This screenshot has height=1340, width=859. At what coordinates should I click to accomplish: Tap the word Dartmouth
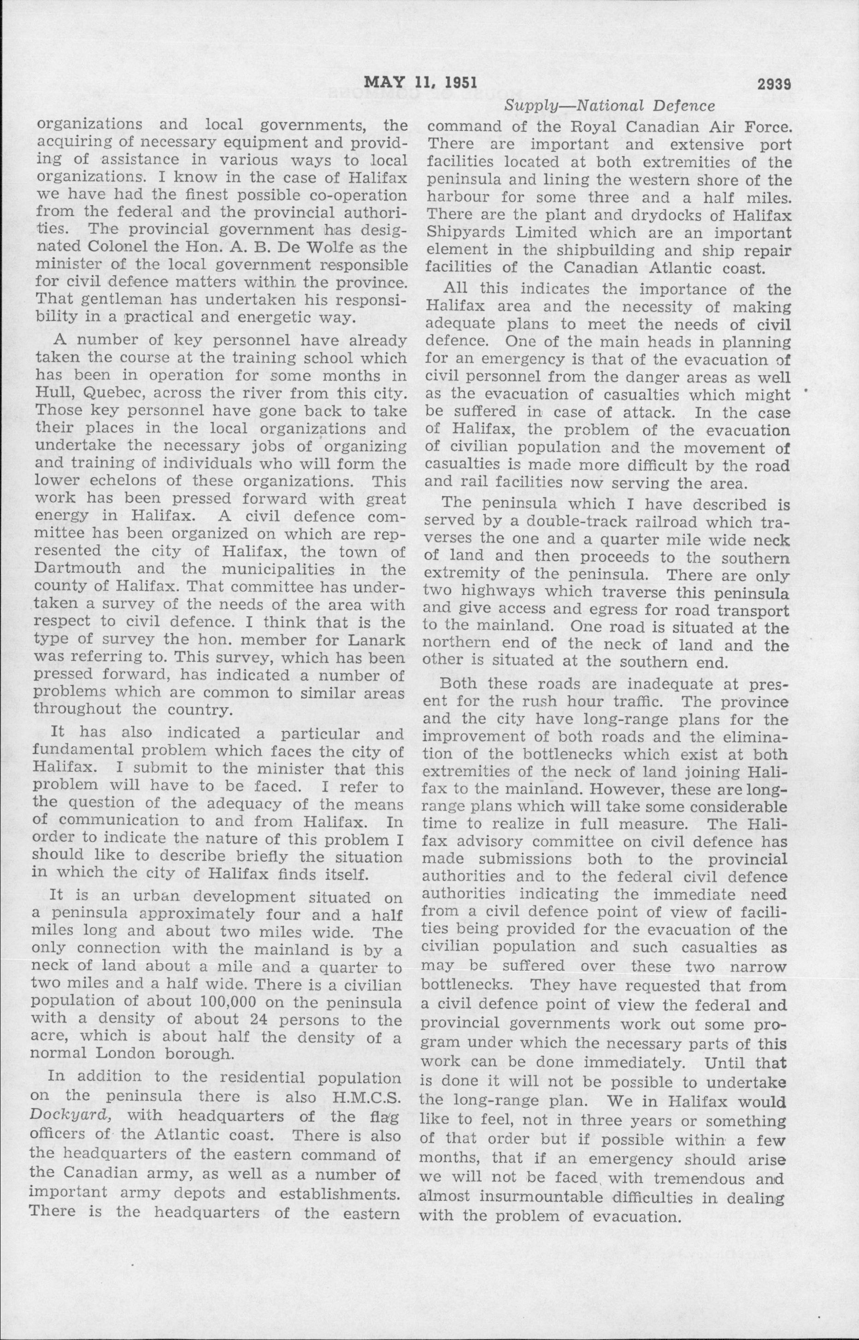(x=77, y=570)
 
